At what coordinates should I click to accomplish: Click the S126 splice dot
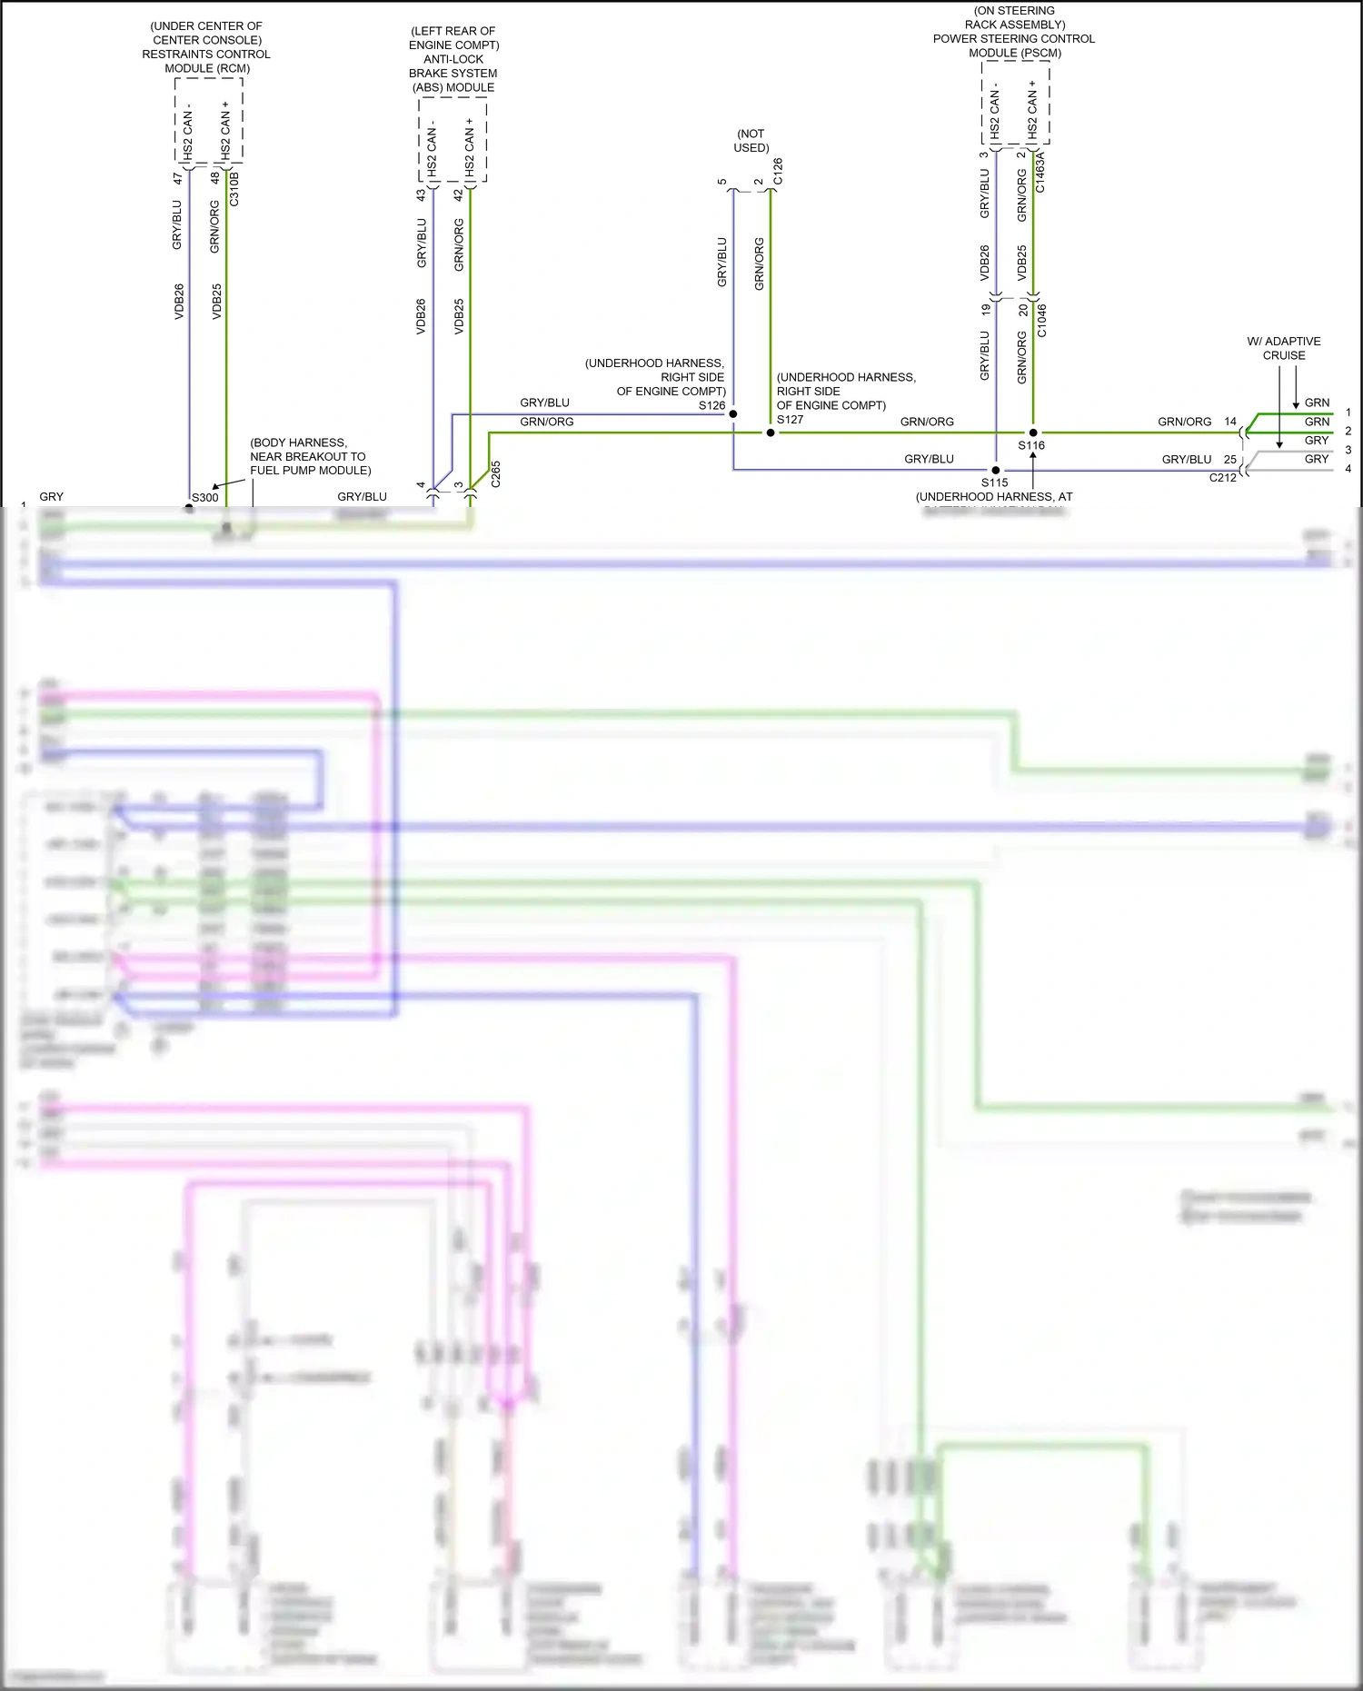pyautogui.click(x=733, y=414)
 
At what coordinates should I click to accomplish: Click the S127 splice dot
pyautogui.click(x=771, y=433)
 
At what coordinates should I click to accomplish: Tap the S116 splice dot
pyautogui.click(x=1033, y=433)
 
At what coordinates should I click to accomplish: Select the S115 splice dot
pyautogui.click(x=996, y=471)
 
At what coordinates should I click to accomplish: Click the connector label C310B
pyautogui.click(x=234, y=188)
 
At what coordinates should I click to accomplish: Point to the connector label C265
pyautogui.click(x=495, y=474)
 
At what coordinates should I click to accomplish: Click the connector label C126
pyautogui.click(x=778, y=172)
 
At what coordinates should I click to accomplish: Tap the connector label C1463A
pyautogui.click(x=1040, y=173)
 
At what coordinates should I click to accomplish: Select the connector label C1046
pyautogui.click(x=1041, y=320)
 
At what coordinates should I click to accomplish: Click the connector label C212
pyautogui.click(x=1222, y=478)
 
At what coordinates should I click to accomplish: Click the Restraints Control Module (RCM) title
pyautogui.click(x=206, y=47)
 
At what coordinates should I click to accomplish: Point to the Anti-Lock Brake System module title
pyautogui.click(x=453, y=59)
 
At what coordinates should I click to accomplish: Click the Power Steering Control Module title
pyautogui.click(x=1014, y=32)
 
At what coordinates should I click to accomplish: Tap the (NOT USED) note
pyautogui.click(x=751, y=141)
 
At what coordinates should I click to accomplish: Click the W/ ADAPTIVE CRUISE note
pyautogui.click(x=1284, y=348)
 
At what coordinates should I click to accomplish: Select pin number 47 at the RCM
pyautogui.click(x=177, y=179)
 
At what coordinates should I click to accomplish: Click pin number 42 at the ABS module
pyautogui.click(x=459, y=194)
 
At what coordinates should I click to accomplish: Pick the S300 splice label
pyautogui.click(x=205, y=497)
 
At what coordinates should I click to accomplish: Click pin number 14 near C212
pyautogui.click(x=1230, y=422)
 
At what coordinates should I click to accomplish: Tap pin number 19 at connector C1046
pyautogui.click(x=986, y=310)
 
